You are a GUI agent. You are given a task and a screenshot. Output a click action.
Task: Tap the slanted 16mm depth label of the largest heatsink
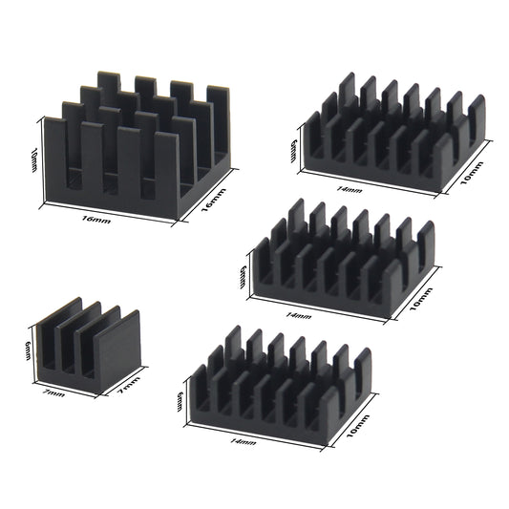(x=212, y=203)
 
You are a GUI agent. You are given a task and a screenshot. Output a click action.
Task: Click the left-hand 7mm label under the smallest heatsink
(x=55, y=392)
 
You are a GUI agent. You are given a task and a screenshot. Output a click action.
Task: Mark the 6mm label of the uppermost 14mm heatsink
(x=295, y=149)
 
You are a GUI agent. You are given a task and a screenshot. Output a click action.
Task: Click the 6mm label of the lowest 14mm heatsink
(x=181, y=400)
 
